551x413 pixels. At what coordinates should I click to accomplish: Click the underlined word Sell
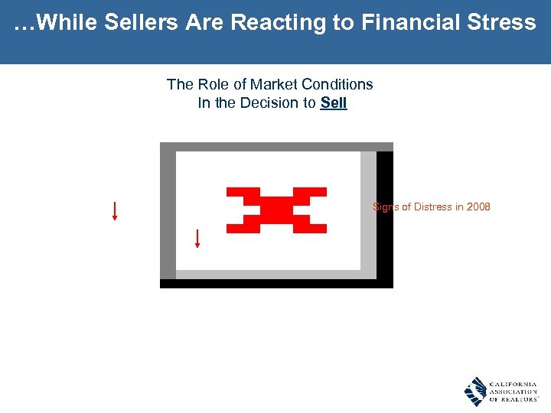click(x=334, y=103)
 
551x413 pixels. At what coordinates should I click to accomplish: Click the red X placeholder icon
click(x=276, y=210)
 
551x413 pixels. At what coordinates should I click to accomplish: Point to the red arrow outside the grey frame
click(x=115, y=210)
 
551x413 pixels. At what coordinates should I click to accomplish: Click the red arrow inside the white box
click(x=197, y=239)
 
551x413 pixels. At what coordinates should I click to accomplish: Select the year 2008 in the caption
click(x=478, y=207)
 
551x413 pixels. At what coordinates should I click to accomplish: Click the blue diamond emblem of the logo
click(x=475, y=392)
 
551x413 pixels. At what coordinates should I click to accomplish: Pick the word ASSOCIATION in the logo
click(x=514, y=392)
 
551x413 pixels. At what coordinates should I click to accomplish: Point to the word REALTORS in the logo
click(x=517, y=400)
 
